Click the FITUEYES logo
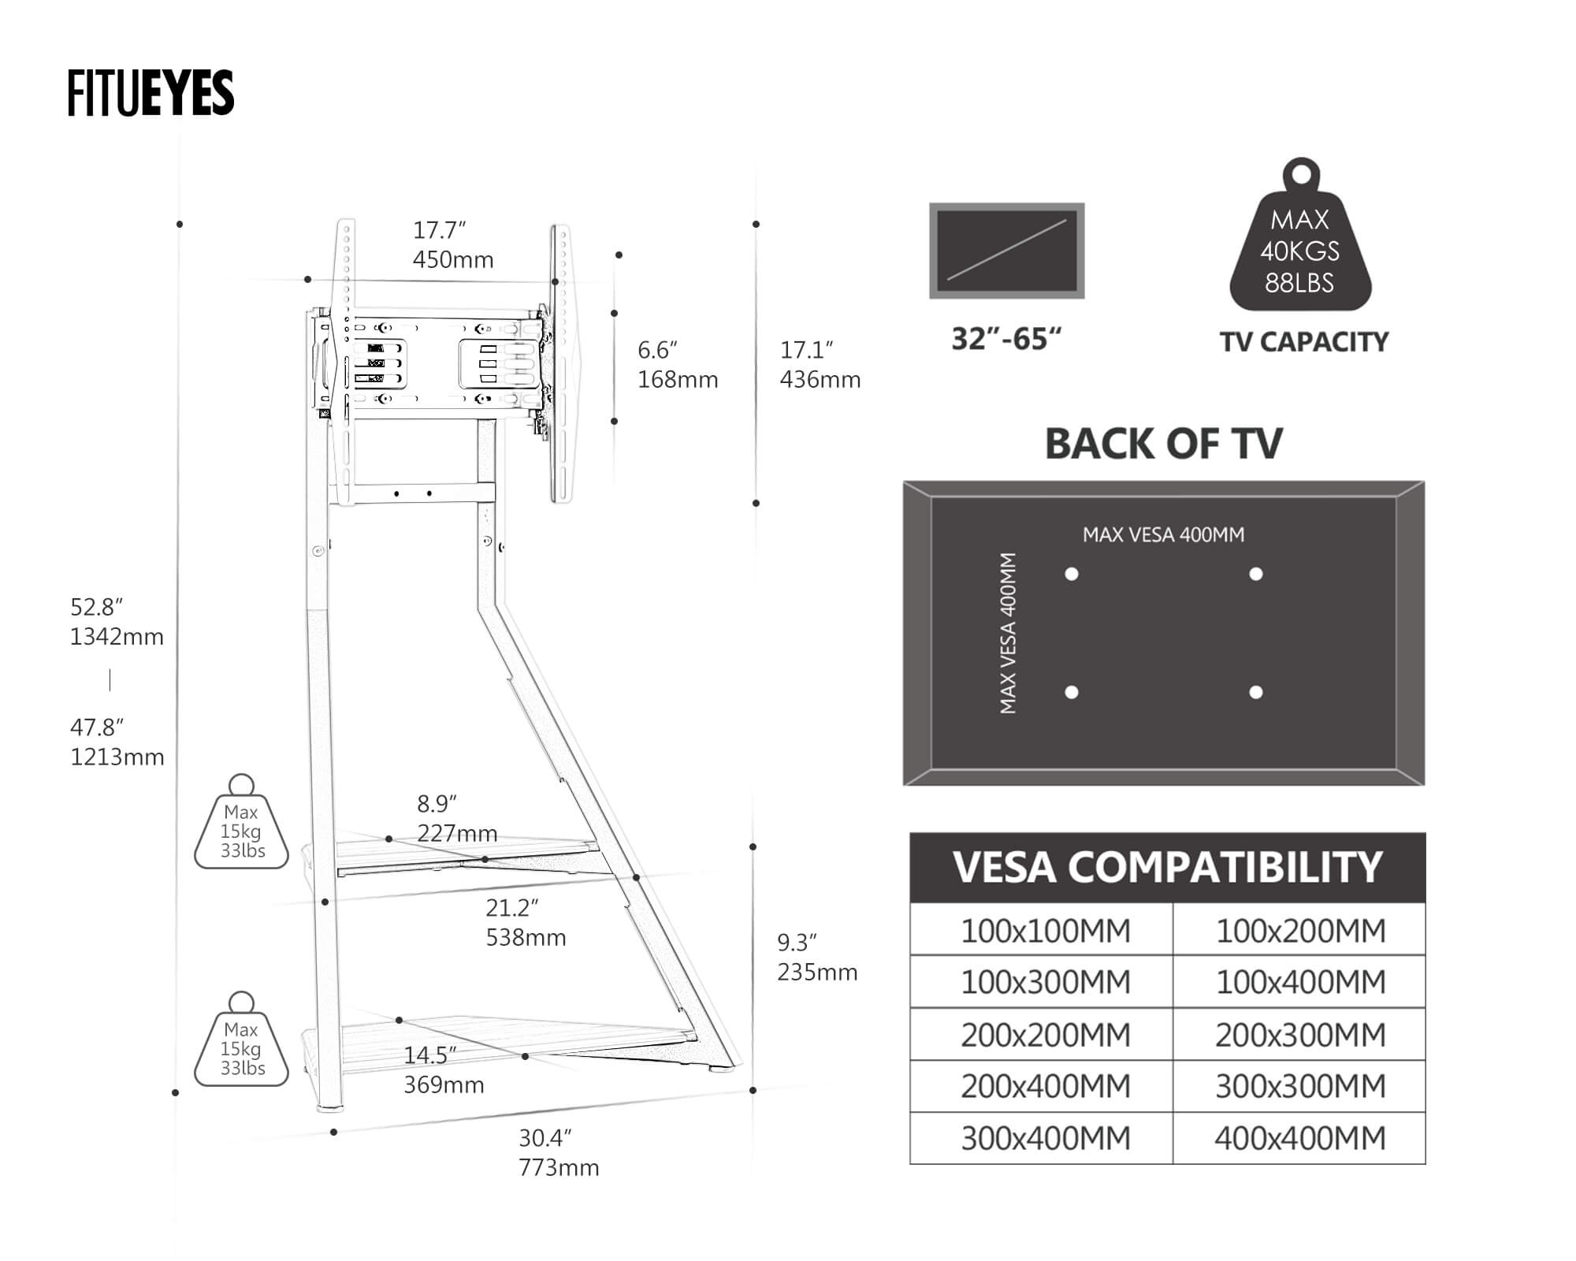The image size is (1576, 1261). pyautogui.click(x=151, y=93)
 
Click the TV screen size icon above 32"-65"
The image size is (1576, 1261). pyautogui.click(x=1006, y=251)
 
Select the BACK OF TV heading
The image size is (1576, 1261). pyautogui.click(x=1163, y=444)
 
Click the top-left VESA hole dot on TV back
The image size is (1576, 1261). pyautogui.click(x=1072, y=574)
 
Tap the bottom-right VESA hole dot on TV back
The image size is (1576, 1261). pyautogui.click(x=1256, y=692)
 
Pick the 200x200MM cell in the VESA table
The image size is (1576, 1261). pyautogui.click(x=1045, y=1035)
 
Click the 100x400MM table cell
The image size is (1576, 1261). pyautogui.click(x=1299, y=982)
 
